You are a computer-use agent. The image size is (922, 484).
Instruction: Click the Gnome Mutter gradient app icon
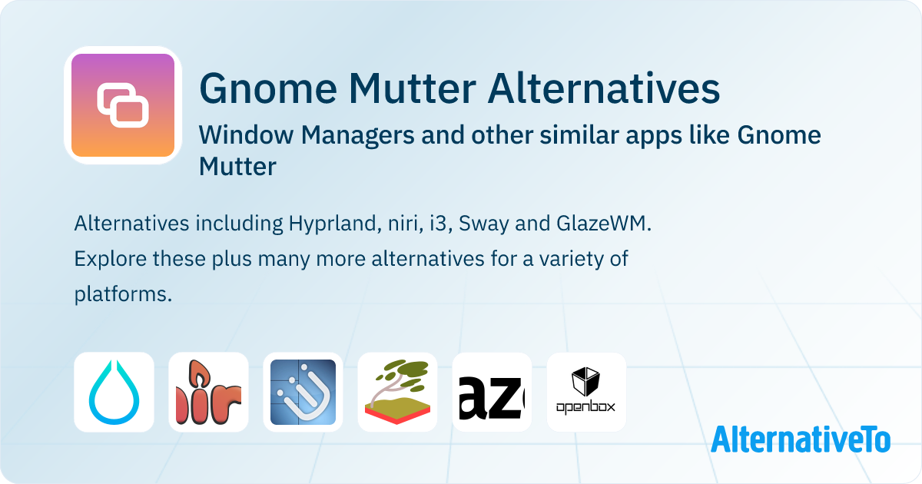pyautogui.click(x=123, y=105)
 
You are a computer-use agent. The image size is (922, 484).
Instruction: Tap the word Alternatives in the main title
pyautogui.click(x=604, y=88)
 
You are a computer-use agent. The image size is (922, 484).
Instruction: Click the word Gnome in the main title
pyautogui.click(x=268, y=89)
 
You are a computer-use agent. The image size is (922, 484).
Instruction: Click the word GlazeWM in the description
pyautogui.click(x=603, y=224)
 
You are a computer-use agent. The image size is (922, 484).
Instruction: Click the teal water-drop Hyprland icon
pyautogui.click(x=114, y=393)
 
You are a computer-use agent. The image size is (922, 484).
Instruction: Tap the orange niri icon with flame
pyautogui.click(x=208, y=393)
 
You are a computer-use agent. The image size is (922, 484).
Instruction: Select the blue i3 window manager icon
pyautogui.click(x=303, y=393)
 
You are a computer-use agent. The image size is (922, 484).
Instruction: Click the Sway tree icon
pyautogui.click(x=398, y=393)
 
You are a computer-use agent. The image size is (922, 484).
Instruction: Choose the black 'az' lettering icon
pyautogui.click(x=492, y=393)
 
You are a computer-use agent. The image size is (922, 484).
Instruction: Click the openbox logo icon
pyautogui.click(x=586, y=393)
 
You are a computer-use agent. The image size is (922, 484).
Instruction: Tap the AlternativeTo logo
pyautogui.click(x=801, y=439)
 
